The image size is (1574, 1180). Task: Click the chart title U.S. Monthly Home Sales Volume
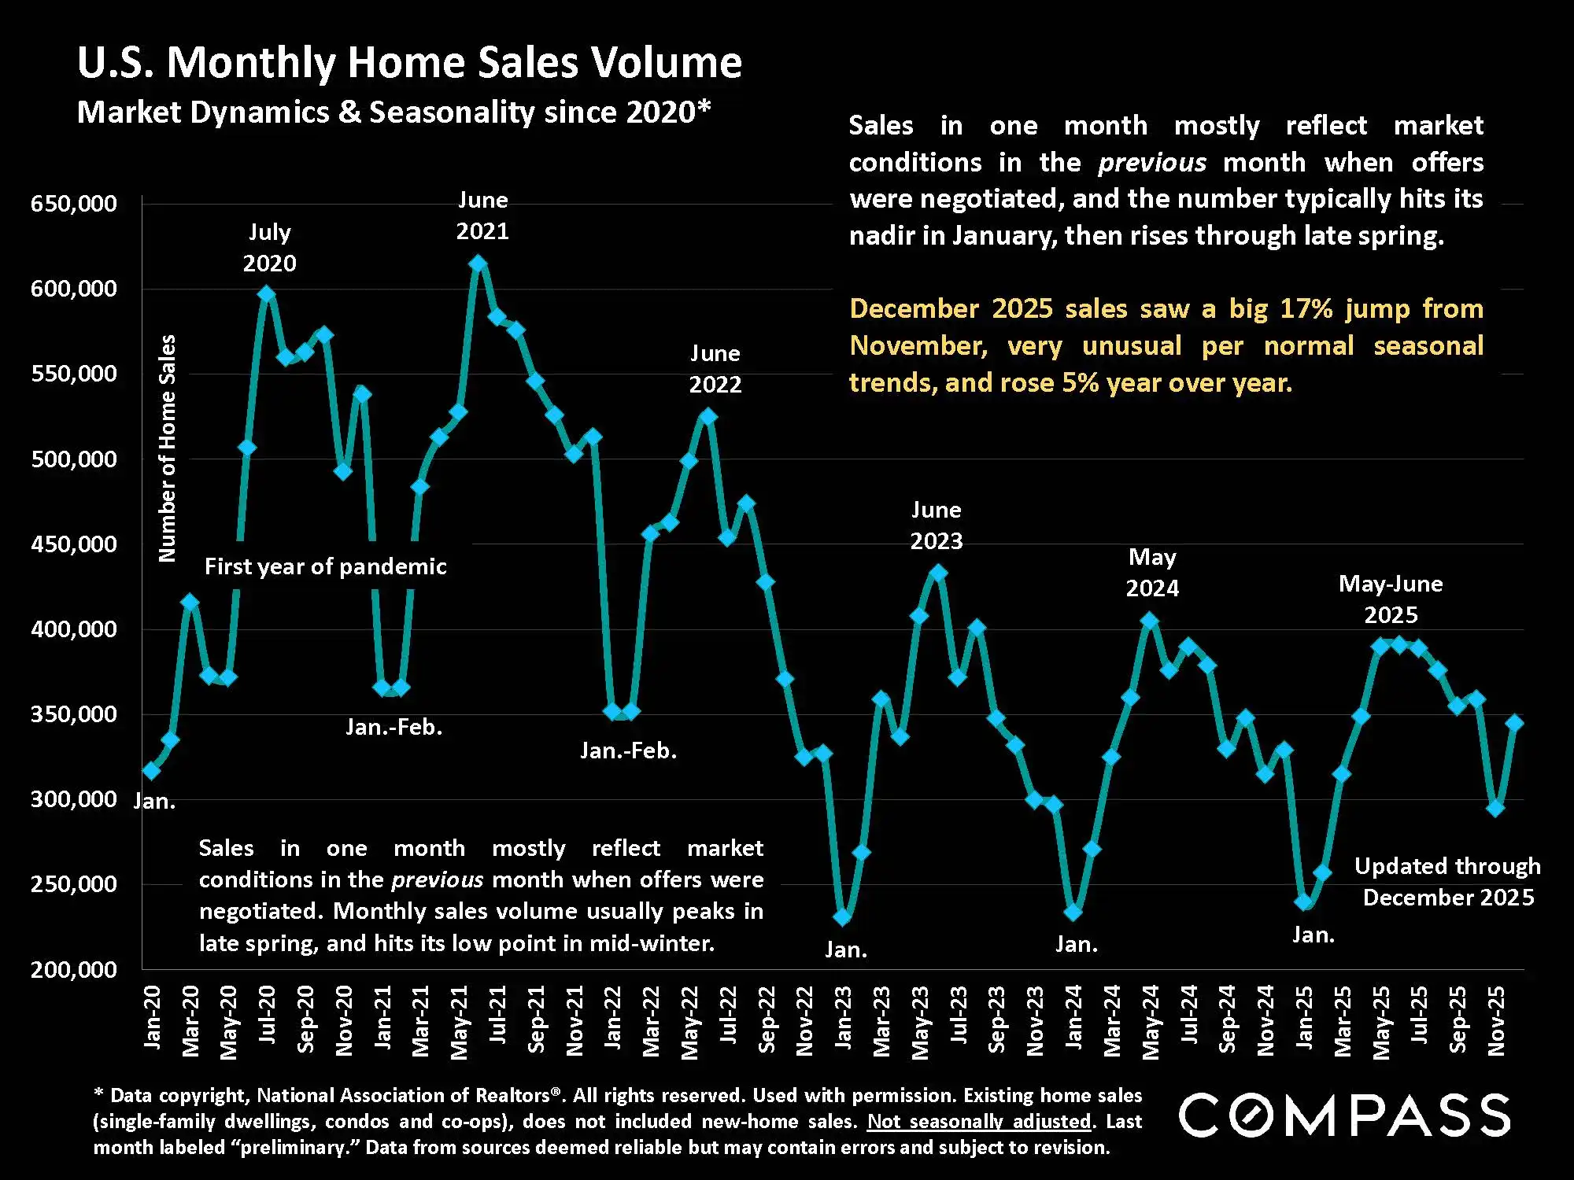(x=409, y=63)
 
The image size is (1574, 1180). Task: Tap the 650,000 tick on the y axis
(x=73, y=204)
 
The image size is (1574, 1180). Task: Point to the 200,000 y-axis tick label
(x=73, y=969)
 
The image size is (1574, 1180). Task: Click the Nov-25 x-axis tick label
(x=1496, y=1020)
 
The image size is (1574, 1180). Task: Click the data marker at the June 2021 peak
(x=478, y=264)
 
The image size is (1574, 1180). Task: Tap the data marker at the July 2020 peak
(x=266, y=294)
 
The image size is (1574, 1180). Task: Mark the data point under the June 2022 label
(x=708, y=416)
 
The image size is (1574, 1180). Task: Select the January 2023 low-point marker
(x=843, y=916)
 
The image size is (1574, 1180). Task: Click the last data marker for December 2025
(x=1514, y=723)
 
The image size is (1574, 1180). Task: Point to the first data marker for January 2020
(x=151, y=771)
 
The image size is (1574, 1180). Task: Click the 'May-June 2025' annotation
(x=1391, y=599)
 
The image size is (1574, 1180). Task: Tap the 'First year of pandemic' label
(x=325, y=566)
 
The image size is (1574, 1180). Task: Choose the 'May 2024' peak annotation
(x=1152, y=573)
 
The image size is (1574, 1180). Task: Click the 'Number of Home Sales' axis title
(x=167, y=448)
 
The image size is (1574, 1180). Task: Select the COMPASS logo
(x=1344, y=1115)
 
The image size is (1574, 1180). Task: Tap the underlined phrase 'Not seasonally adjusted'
(x=979, y=1121)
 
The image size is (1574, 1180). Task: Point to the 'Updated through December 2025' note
(x=1447, y=882)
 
